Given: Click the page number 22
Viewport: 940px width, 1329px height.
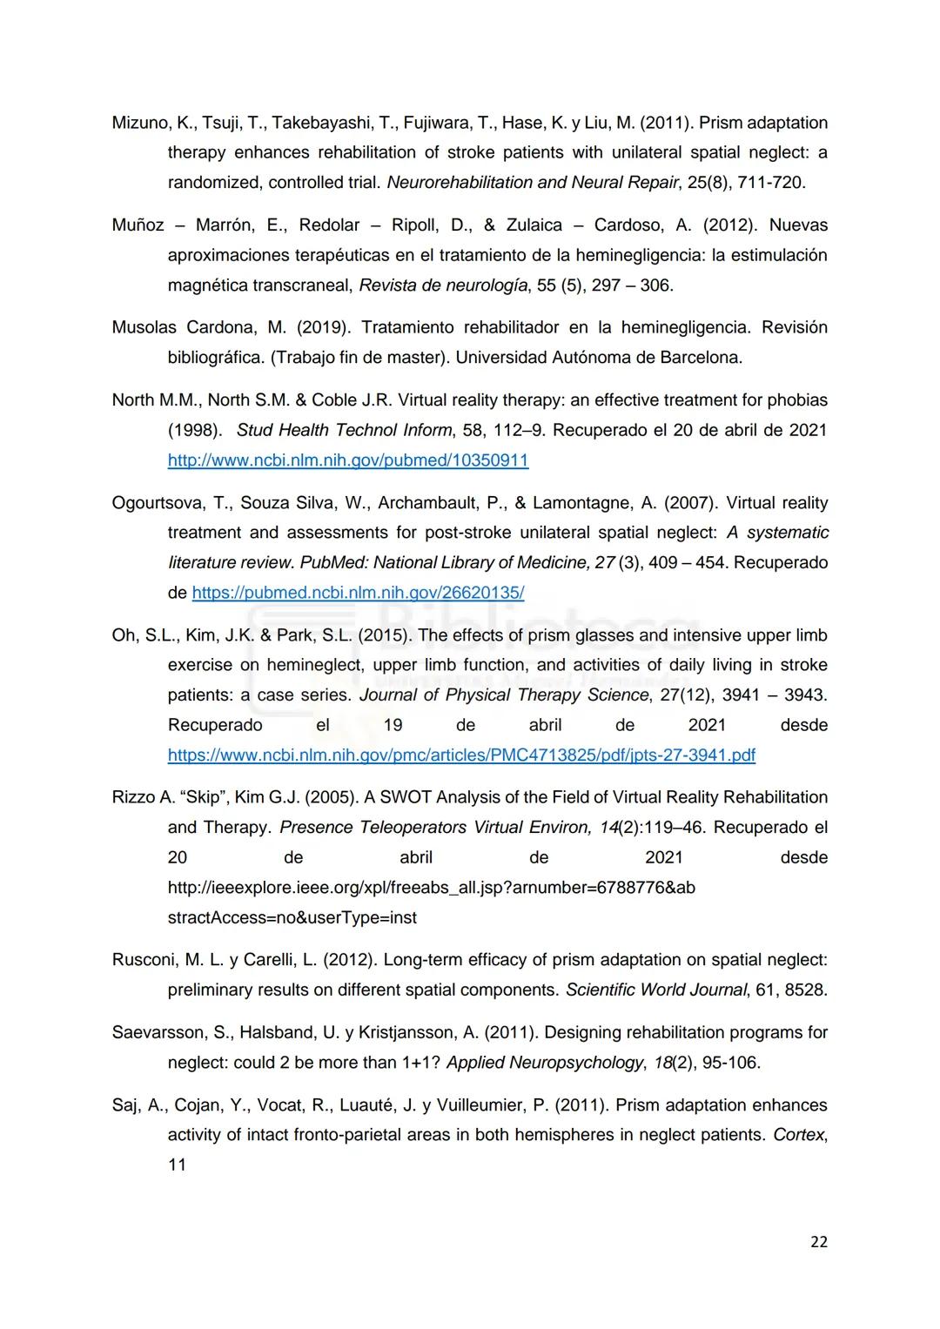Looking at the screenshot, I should tap(818, 1242).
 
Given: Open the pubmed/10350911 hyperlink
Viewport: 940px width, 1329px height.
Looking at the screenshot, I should tap(348, 460).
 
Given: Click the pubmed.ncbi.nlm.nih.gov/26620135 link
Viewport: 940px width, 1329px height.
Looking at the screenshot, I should tap(358, 593).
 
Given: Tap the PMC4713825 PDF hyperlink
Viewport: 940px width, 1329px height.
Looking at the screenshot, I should tap(461, 755).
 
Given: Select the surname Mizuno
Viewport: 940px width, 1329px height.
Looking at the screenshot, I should tap(139, 123).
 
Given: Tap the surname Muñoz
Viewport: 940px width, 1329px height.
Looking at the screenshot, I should tap(138, 225).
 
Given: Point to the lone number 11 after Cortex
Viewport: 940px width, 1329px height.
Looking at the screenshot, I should tap(177, 1165).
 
